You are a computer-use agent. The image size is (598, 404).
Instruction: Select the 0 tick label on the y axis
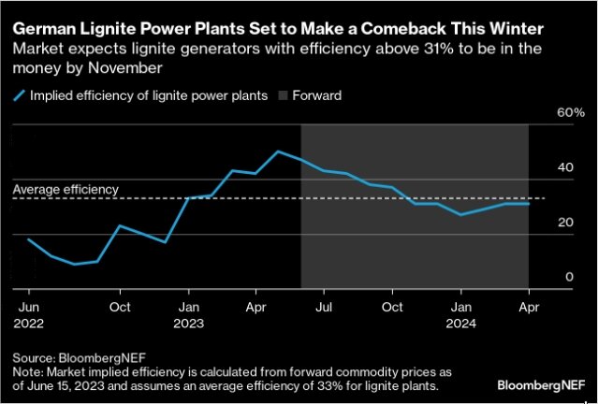pyautogui.click(x=567, y=277)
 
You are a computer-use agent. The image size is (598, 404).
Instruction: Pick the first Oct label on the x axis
pyautogui.click(x=119, y=307)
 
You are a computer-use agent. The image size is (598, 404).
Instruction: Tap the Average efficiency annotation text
pyautogui.click(x=66, y=189)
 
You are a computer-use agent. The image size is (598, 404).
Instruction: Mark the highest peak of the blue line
pyautogui.click(x=278, y=151)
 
